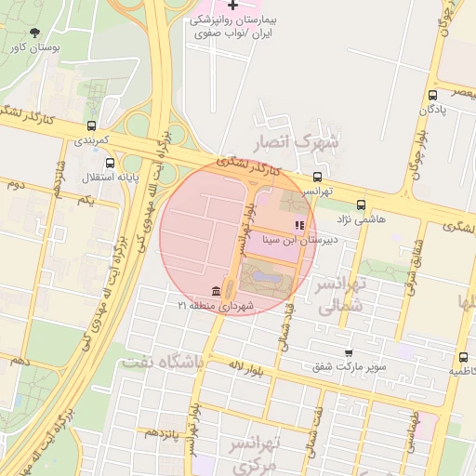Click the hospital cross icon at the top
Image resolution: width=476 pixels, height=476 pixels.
[x=232, y=6]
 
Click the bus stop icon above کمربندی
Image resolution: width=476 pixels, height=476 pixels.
[x=91, y=126]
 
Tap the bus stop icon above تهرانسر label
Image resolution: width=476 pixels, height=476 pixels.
[x=318, y=176]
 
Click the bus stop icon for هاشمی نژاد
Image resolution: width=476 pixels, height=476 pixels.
[x=361, y=205]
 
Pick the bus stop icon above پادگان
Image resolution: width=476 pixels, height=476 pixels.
[x=432, y=96]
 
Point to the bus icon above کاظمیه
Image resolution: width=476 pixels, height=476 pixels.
[x=463, y=357]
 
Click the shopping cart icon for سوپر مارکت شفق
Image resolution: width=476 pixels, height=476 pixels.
[x=349, y=353]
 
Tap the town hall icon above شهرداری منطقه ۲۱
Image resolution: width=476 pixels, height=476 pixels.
[x=217, y=291]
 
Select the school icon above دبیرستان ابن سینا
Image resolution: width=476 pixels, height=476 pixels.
[x=299, y=225]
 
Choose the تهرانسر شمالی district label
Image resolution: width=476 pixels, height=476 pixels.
[x=340, y=295]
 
